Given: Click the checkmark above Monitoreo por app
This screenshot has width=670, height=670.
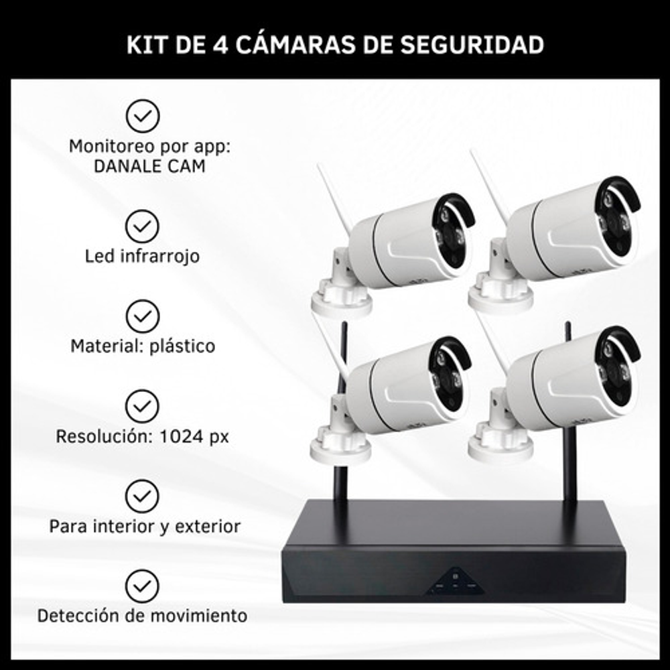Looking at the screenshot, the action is click(x=143, y=116).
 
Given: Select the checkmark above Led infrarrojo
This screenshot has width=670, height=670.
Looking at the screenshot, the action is click(x=142, y=226).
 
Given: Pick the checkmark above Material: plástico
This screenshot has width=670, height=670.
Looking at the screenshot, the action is click(x=143, y=316).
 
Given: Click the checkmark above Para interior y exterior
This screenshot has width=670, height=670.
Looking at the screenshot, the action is click(x=142, y=496).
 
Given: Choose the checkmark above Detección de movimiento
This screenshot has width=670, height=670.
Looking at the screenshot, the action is click(x=142, y=586).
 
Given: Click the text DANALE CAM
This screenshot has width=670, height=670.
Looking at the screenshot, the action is click(x=149, y=166).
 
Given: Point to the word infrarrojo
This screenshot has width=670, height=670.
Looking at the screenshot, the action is click(x=160, y=257).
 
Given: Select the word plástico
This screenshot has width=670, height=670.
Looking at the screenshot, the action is click(x=182, y=346).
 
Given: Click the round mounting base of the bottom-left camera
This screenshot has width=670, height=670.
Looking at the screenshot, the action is click(x=340, y=449).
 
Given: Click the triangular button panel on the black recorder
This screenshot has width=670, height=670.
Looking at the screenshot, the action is click(x=456, y=582).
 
